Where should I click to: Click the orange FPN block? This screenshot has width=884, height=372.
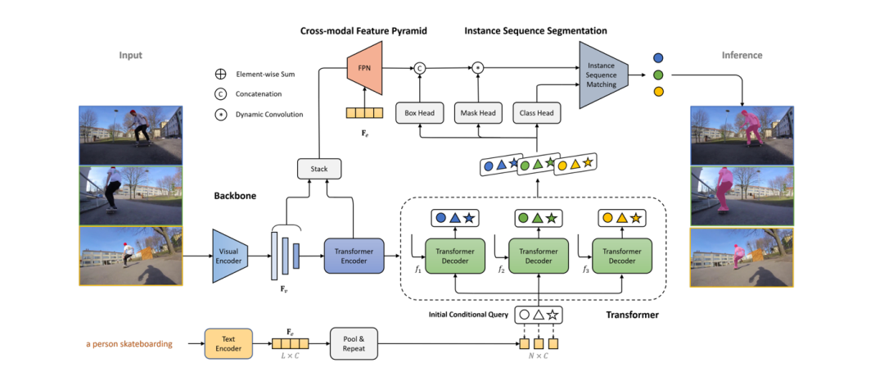tap(366, 68)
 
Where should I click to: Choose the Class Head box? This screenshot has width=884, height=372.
tap(534, 113)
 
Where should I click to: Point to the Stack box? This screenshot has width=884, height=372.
tap(319, 169)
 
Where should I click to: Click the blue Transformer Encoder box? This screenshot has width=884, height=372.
tap(354, 256)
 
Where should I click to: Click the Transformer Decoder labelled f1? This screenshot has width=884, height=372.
tap(455, 256)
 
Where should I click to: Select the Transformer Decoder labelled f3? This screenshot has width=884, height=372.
tap(622, 256)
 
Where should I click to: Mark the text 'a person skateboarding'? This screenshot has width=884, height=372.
tap(130, 343)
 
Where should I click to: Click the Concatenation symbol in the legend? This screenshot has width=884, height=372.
tap(221, 94)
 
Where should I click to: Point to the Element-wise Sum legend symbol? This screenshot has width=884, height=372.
tap(221, 74)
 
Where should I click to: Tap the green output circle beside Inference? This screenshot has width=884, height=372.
tap(657, 75)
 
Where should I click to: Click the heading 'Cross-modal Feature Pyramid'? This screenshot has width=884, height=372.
tap(363, 31)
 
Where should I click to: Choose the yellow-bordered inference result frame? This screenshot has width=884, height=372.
tap(742, 256)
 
